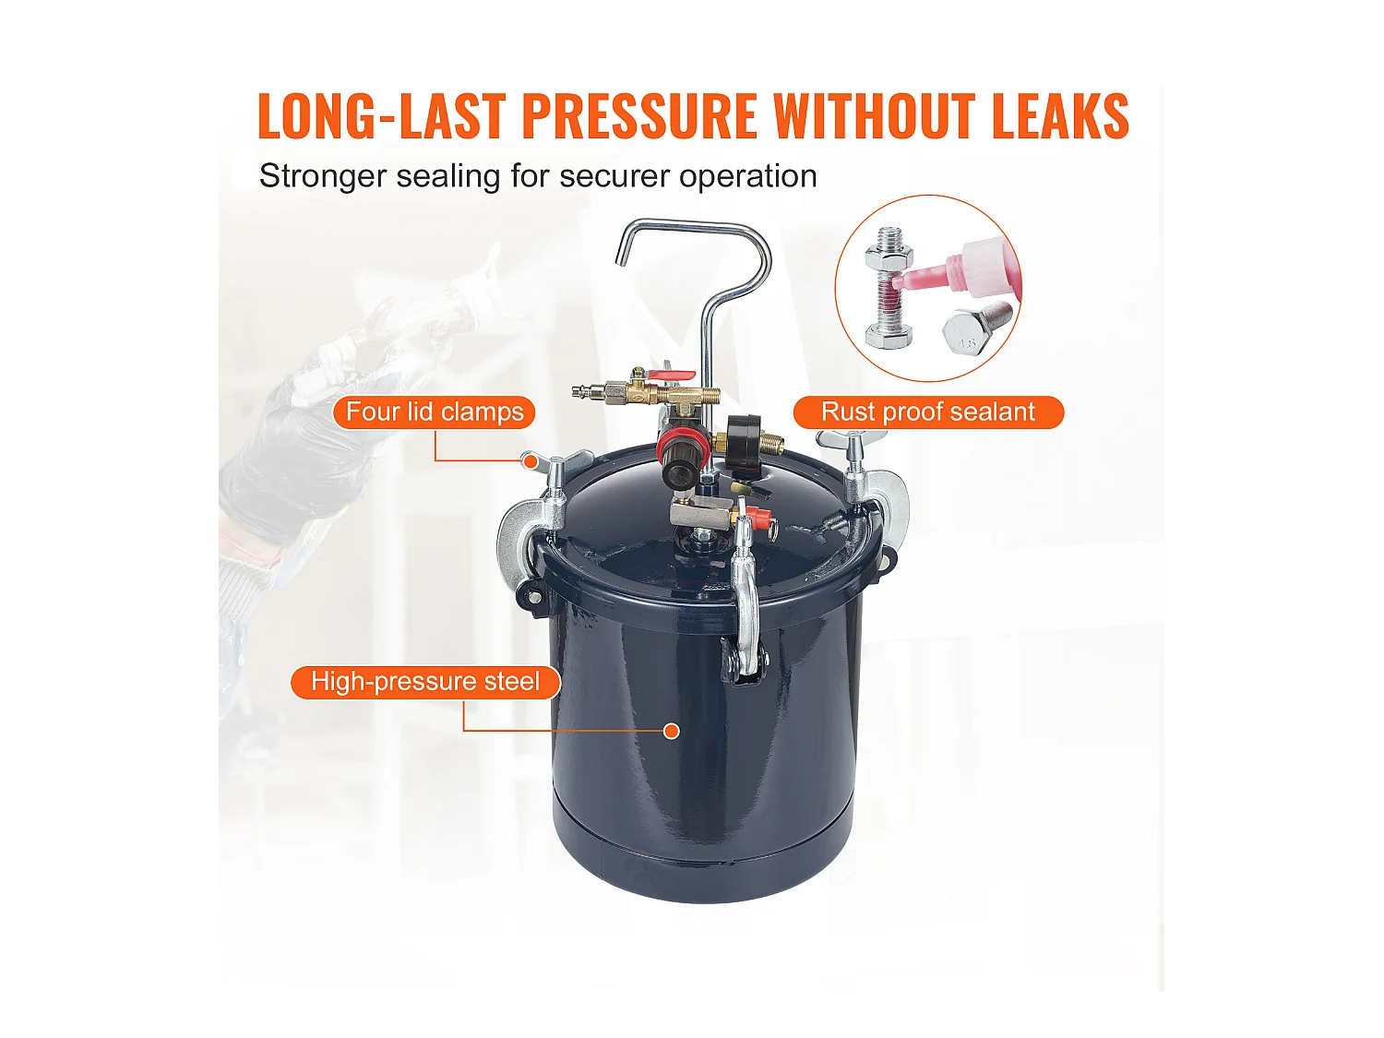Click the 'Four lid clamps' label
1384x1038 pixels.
435,412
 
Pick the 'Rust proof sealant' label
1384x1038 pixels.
928,412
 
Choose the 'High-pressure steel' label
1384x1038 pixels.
424,682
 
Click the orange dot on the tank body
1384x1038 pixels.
672,731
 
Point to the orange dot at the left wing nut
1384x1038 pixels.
531,460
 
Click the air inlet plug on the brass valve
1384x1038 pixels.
587,391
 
